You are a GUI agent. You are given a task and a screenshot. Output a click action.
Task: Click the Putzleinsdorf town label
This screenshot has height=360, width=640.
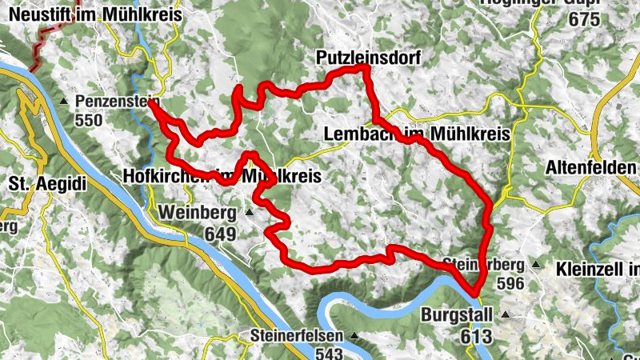click(x=367, y=58)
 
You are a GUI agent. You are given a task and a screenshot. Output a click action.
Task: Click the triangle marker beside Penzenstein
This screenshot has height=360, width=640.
click(x=64, y=102)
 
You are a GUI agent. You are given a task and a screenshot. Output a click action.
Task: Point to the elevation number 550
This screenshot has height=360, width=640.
click(x=90, y=120)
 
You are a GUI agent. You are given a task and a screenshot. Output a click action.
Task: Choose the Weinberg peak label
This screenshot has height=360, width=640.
click(x=198, y=213)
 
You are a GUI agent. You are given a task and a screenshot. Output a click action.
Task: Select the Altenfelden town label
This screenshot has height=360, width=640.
click(x=590, y=168)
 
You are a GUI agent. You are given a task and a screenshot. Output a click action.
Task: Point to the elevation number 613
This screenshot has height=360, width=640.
click(x=477, y=337)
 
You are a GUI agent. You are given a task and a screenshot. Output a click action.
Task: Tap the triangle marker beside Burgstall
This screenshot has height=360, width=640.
click(x=505, y=314)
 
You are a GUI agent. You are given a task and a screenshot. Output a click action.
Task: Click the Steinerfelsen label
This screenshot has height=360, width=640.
click(x=296, y=335)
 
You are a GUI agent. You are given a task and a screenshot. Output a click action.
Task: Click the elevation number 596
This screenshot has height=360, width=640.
click(x=510, y=283)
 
